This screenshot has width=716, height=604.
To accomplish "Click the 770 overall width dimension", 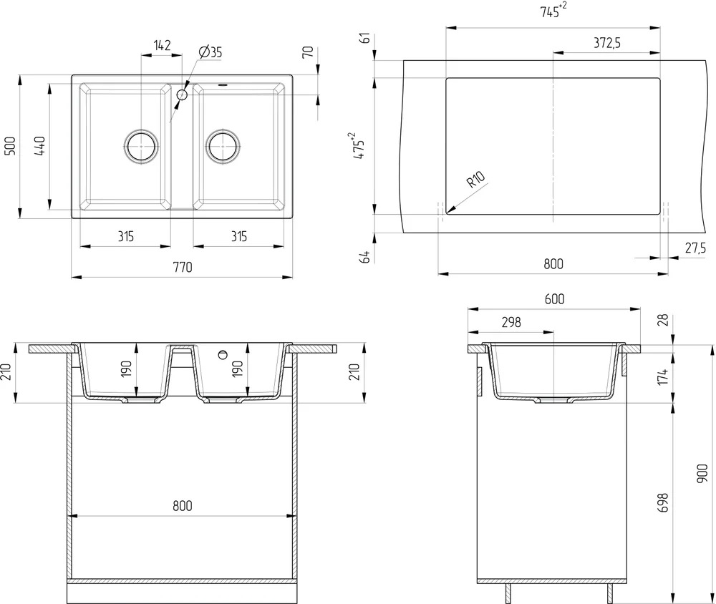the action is click(183, 267).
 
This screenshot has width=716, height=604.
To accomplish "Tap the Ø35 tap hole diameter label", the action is click(211, 52).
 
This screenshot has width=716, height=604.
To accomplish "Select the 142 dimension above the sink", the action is click(162, 45).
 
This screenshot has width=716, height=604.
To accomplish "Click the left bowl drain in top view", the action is click(141, 147).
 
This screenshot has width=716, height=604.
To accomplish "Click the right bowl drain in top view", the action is click(223, 147).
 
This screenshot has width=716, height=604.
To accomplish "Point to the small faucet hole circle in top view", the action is click(182, 95).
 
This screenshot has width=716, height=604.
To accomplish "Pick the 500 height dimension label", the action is click(10, 146).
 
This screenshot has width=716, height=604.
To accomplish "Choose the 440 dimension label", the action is click(39, 146).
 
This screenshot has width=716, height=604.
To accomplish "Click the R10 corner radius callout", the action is click(476, 180).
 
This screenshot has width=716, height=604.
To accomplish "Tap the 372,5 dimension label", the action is click(607, 43).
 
